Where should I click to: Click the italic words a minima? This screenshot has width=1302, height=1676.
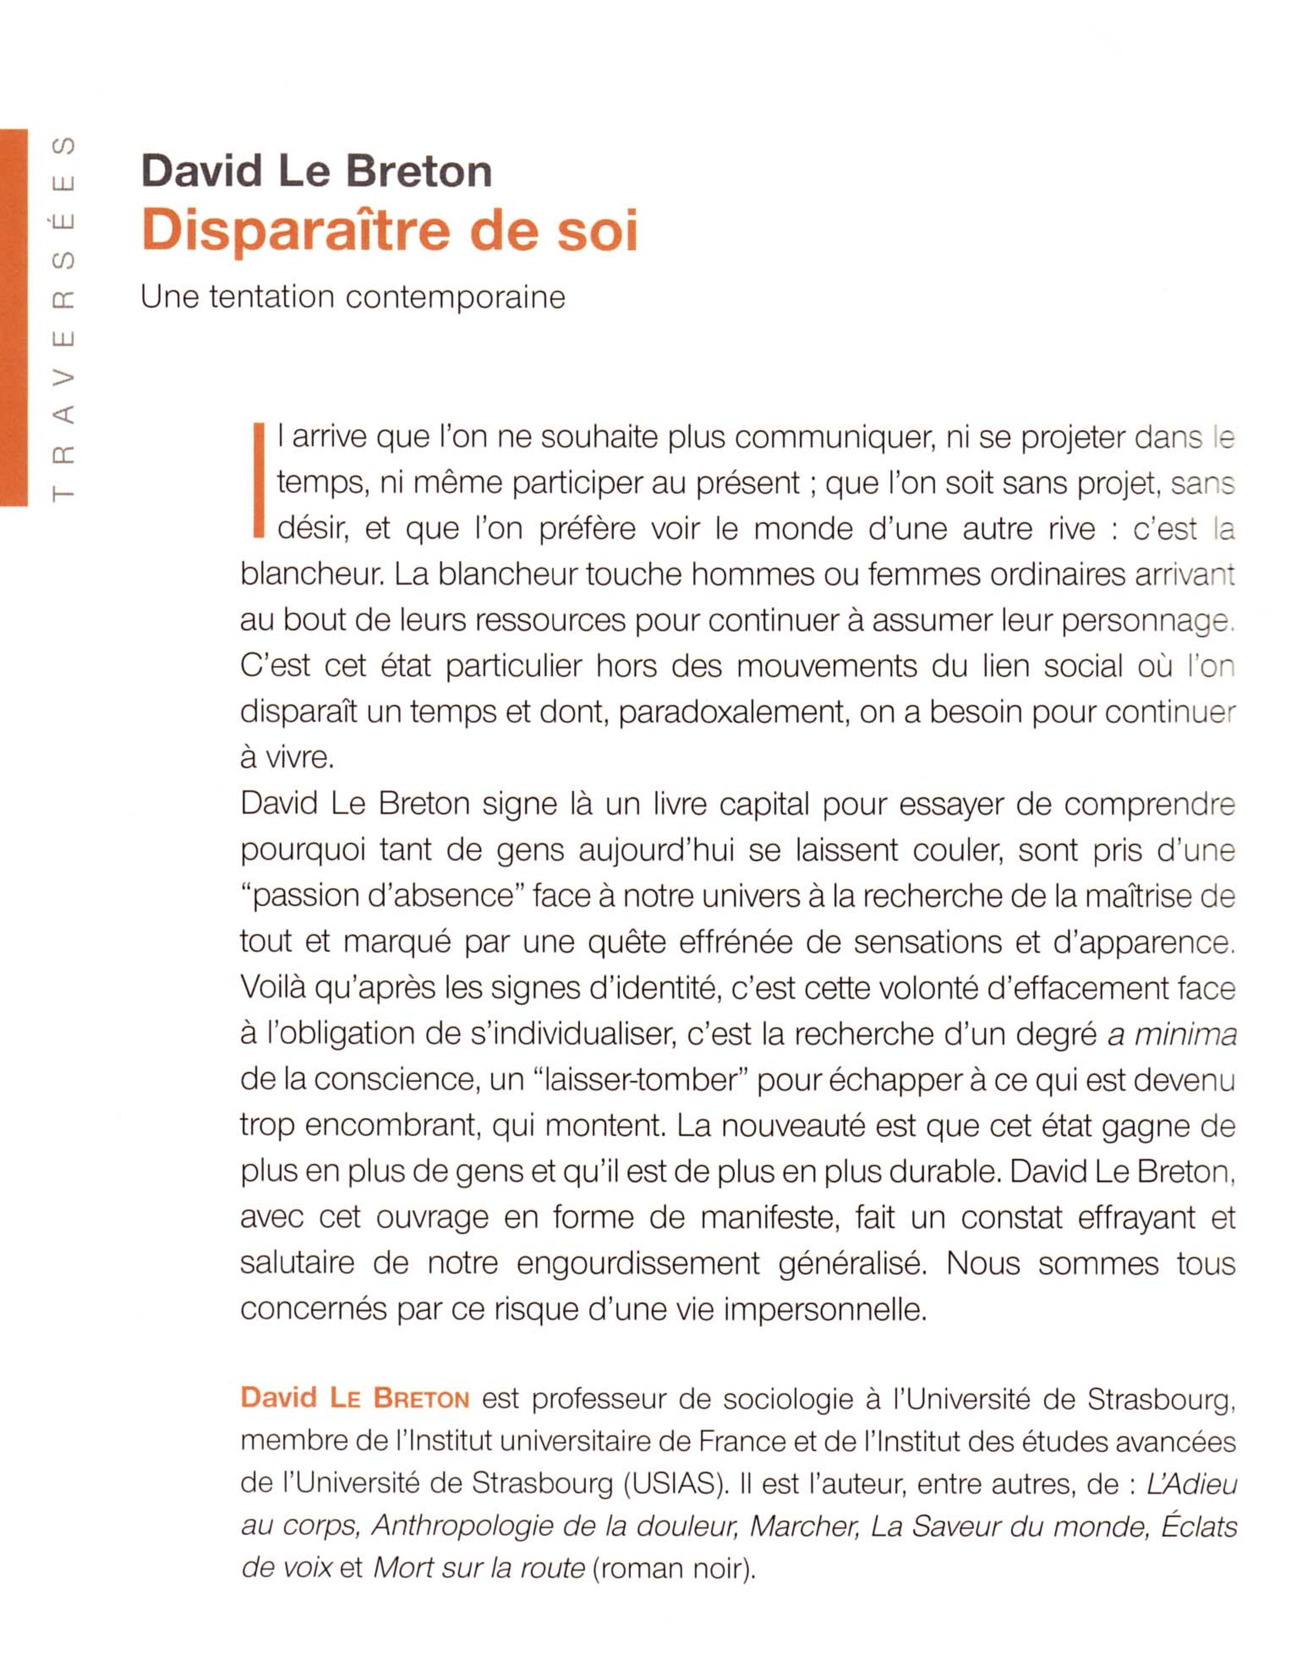pyautogui.click(x=1171, y=1035)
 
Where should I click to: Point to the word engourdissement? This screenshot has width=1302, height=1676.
pyautogui.click(x=638, y=1263)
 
